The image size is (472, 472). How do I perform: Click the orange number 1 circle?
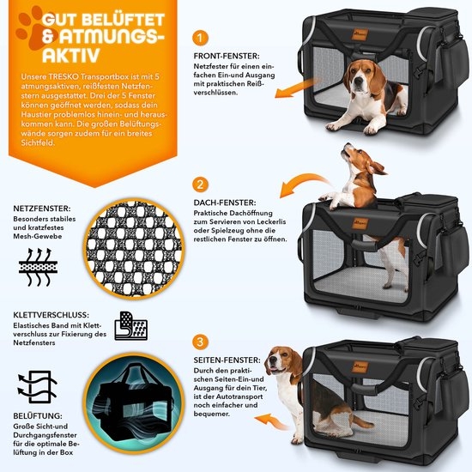coord(200,38)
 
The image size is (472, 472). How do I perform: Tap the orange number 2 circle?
coord(200,185)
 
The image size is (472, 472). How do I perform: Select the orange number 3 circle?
coord(200,342)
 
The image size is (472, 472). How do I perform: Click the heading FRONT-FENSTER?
coord(227,56)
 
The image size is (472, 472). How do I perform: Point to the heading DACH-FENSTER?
coord(225,203)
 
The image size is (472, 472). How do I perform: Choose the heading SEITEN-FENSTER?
coord(227,360)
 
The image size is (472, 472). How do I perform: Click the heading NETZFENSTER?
coord(42,209)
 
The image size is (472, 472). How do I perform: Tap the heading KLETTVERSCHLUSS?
coord(51,315)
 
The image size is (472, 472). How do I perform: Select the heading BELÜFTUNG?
coord(38,415)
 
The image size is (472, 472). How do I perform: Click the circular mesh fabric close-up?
coord(134,249)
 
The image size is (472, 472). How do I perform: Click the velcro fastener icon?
coord(131,326)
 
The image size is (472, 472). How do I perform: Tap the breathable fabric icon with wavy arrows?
coord(39,267)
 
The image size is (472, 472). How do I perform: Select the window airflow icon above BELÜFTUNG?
coord(38,387)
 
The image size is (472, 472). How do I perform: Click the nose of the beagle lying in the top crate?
coord(358,82)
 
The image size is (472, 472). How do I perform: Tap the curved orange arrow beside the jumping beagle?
coord(304,183)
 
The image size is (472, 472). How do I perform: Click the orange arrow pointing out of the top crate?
coord(298,88)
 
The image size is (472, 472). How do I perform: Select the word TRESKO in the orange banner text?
coord(62,76)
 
